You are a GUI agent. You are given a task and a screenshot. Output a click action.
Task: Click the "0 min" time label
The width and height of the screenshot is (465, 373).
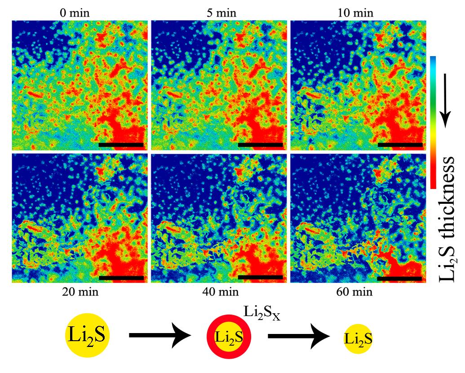80,12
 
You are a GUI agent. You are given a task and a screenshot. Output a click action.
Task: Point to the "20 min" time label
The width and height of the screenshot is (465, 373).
80,292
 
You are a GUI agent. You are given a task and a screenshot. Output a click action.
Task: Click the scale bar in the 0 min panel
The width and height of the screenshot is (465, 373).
121,145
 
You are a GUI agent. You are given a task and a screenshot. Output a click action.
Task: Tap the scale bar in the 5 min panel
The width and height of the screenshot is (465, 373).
260,145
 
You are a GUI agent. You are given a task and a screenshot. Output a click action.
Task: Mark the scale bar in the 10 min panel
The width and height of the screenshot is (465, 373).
400,145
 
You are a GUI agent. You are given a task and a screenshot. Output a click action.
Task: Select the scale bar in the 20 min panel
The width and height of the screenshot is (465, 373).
121,278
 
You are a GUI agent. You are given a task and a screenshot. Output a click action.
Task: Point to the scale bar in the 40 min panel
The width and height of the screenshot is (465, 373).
260,278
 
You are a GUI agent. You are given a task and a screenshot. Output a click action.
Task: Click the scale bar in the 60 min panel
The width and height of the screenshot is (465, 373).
399,278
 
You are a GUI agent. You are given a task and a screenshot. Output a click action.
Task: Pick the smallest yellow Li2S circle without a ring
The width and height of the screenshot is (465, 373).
358,339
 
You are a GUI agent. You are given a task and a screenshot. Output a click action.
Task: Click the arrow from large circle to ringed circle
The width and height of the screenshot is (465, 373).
162,336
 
